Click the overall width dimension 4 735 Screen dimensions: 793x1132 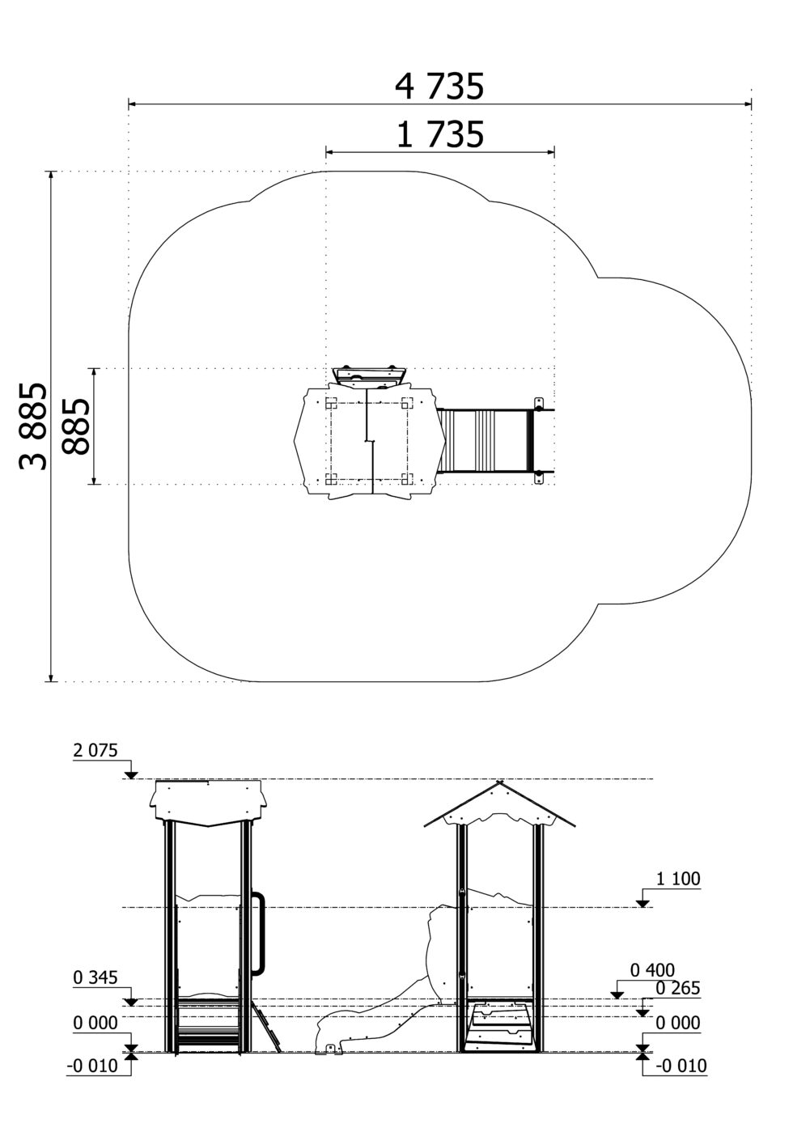coord(439,87)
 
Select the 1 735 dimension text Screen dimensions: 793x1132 coord(440,134)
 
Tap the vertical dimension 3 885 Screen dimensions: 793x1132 coord(33,426)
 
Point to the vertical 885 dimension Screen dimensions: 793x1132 coord(75,426)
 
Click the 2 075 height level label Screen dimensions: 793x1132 coord(95,750)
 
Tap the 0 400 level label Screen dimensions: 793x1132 coord(652,970)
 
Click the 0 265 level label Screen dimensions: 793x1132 coord(678,987)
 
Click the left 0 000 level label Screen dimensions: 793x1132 coord(95,1023)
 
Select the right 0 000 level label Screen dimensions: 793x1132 coord(678,1023)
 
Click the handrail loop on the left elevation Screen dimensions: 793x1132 coord(262,933)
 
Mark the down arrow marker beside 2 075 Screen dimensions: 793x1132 coord(131,774)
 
